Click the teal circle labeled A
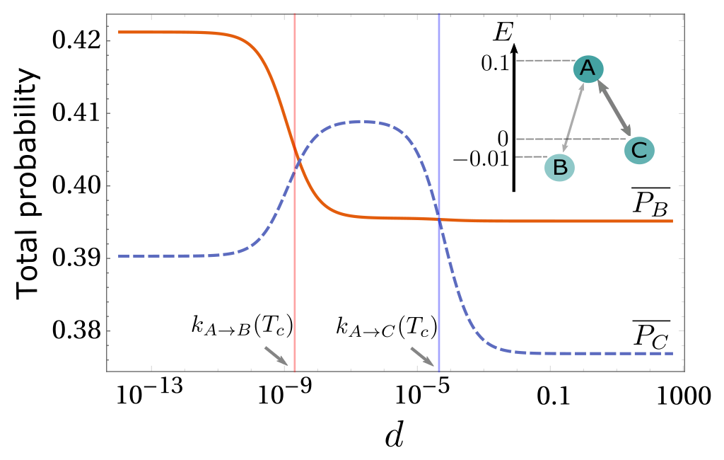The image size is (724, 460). pyautogui.click(x=588, y=69)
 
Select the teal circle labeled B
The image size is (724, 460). pyautogui.click(x=559, y=168)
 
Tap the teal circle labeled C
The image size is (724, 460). pyautogui.click(x=639, y=150)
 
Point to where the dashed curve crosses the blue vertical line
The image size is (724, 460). pyautogui.click(x=439, y=219)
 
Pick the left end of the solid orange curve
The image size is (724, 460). pyautogui.click(x=119, y=32)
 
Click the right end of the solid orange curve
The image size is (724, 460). pyautogui.click(x=672, y=221)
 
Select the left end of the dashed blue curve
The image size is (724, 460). pyautogui.click(x=119, y=255)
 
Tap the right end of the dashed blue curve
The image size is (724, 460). pyautogui.click(x=672, y=353)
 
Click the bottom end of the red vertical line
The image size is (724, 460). pyautogui.click(x=295, y=372)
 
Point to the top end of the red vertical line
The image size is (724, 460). pyautogui.click(x=295, y=14)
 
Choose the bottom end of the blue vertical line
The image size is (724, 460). pyautogui.click(x=439, y=372)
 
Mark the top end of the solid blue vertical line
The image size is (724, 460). pyautogui.click(x=439, y=14)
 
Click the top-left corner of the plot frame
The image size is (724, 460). pyautogui.click(x=107, y=14)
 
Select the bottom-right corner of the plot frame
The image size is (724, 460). pyautogui.click(x=684, y=372)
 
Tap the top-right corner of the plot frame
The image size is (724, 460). pyautogui.click(x=684, y=14)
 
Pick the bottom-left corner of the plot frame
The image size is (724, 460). pyautogui.click(x=107, y=372)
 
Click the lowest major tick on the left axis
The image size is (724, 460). pyautogui.click(x=110, y=330)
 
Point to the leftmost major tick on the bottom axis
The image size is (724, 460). pyautogui.click(x=151, y=369)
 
